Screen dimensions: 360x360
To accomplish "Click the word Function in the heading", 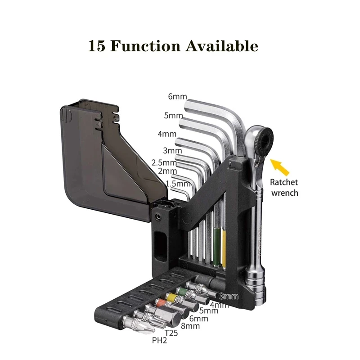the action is [x=147, y=46].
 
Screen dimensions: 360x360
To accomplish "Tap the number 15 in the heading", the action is [x=97, y=46].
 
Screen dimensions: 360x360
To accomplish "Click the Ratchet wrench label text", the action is [x=284, y=188].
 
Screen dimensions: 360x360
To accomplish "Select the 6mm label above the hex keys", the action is [x=177, y=96].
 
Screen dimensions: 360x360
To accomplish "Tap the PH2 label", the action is [x=160, y=341].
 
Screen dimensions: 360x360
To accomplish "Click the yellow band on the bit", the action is [x=170, y=297].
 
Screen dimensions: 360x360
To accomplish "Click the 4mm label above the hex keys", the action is [x=166, y=134].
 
